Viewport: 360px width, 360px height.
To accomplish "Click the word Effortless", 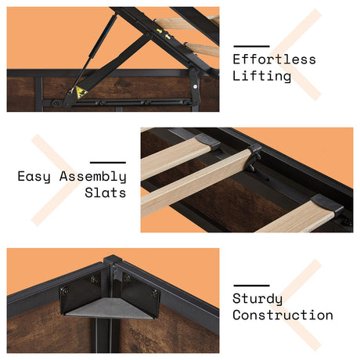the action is pyautogui.click(x=274, y=59).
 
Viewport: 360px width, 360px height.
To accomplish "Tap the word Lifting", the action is pyautogui.click(x=261, y=77).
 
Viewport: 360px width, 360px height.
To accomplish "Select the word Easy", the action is pyautogui.click(x=34, y=177).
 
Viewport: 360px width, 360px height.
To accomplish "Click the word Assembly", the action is pyautogui.click(x=93, y=177).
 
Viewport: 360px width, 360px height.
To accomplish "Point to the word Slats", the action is pyautogui.click(x=106, y=193).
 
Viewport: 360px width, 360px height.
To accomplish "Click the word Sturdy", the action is pyautogui.click(x=257, y=299).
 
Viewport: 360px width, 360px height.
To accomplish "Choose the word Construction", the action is pyautogui.click(x=283, y=315).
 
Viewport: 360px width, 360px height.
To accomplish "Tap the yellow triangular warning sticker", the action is pyautogui.click(x=81, y=92).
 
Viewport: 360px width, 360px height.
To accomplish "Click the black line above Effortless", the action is pyautogui.click(x=251, y=46).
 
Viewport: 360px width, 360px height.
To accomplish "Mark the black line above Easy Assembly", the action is pyautogui.click(x=108, y=163).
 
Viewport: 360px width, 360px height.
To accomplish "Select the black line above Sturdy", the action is pyautogui.click(x=251, y=286).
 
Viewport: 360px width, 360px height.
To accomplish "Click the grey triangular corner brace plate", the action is pyautogui.click(x=110, y=308).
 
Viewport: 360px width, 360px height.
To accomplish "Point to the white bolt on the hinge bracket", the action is pyautogui.click(x=196, y=86).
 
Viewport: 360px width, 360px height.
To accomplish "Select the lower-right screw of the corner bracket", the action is pyautogui.click(x=154, y=294).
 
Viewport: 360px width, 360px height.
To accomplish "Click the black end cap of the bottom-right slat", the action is pyautogui.click(x=327, y=204).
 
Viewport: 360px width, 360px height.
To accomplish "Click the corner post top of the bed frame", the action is pyautogui.click(x=113, y=260).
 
